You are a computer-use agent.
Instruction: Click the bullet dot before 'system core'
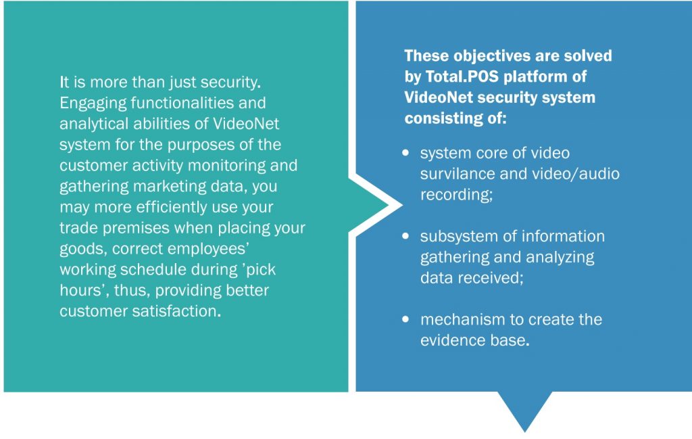[x=405, y=153]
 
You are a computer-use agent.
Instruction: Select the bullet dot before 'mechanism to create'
[x=405, y=319]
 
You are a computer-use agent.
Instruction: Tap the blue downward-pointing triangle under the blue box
[x=524, y=410]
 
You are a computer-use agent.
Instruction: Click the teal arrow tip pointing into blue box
[x=389, y=205]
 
